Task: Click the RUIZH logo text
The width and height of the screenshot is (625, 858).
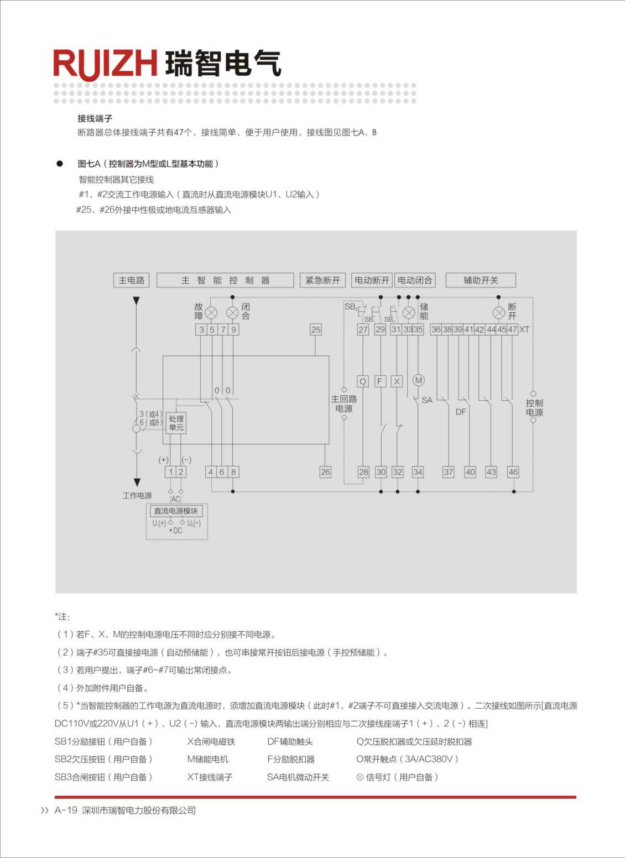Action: tap(105, 64)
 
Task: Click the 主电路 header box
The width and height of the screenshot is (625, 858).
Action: tap(131, 280)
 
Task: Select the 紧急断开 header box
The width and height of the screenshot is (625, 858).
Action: tap(323, 280)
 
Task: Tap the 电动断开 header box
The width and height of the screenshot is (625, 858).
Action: tap(372, 280)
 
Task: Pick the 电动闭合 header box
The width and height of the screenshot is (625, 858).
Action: tap(415, 280)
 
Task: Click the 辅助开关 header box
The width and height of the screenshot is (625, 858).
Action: tap(481, 280)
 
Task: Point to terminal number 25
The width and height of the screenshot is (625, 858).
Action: tap(315, 329)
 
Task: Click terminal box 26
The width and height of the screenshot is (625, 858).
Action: tap(325, 472)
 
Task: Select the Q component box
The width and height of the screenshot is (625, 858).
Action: tap(363, 381)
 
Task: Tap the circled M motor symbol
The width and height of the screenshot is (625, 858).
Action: tap(419, 380)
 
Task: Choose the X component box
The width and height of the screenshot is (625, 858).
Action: tap(397, 381)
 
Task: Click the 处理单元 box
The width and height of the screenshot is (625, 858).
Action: tap(176, 423)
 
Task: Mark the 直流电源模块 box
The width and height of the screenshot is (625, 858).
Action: tap(176, 511)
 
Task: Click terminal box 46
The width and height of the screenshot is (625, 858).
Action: tap(513, 472)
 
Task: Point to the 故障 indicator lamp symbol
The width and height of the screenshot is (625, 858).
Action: tap(211, 313)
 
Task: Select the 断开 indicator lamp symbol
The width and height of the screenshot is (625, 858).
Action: tap(499, 313)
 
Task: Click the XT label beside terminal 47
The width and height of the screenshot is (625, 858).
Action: tap(524, 329)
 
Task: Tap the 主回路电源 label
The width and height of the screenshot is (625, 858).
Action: tap(344, 404)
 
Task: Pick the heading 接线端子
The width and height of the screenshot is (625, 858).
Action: tap(95, 118)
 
